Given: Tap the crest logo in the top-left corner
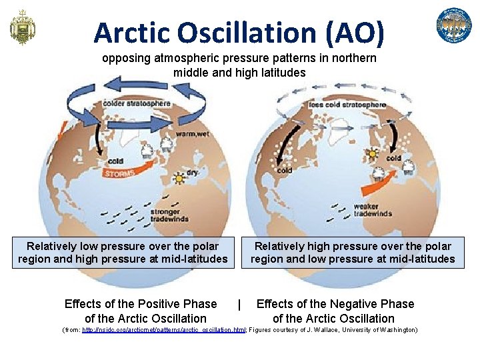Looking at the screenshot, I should pos(22,27).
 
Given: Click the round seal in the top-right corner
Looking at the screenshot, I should pos(453,26).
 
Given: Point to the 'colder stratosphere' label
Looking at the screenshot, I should pos(137,104).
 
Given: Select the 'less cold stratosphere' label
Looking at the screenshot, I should pos(347,105).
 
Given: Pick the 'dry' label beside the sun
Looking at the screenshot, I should pos(192,172).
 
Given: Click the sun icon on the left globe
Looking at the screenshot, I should pos(178,179).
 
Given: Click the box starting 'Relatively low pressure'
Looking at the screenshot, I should pos(123,253).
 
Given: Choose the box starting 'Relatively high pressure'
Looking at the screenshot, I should pos(353,253).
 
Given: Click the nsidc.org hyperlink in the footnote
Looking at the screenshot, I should pos(163,330).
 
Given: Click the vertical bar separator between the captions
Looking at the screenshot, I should pos(239,305).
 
